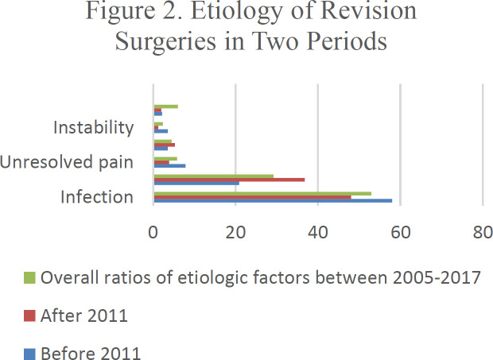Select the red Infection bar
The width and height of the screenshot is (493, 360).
(x=252, y=196)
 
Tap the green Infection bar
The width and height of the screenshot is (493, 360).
(x=262, y=192)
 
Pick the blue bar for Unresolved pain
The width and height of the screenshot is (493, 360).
(x=169, y=166)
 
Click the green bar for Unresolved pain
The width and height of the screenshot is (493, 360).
(x=165, y=158)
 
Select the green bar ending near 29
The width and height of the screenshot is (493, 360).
(x=213, y=176)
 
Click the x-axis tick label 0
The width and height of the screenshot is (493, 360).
(x=153, y=233)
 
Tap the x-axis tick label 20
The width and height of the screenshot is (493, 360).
(x=235, y=233)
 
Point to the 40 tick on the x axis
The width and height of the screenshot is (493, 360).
(x=318, y=233)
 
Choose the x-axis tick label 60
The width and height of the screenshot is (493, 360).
(x=400, y=233)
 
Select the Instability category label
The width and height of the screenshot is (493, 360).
(x=93, y=127)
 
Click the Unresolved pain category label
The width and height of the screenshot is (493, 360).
(x=67, y=162)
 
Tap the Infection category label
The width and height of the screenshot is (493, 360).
(x=97, y=196)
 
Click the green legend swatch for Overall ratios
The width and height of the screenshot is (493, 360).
(x=29, y=279)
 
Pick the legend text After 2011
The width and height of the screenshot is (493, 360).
(x=84, y=315)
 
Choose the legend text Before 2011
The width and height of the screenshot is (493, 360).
(x=90, y=352)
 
